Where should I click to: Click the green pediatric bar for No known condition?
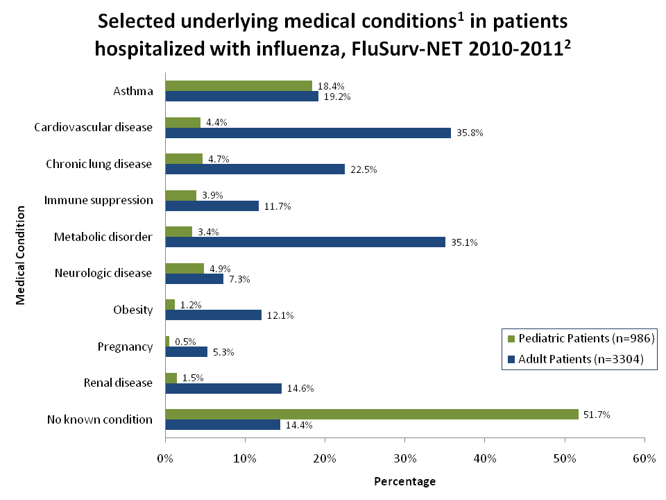click(371, 414)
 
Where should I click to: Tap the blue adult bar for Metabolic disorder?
click(305, 242)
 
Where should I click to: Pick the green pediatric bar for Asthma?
click(239, 85)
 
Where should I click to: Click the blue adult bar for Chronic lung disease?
click(255, 169)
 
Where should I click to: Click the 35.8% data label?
click(470, 133)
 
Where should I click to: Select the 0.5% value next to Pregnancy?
click(185, 341)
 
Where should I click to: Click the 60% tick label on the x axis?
click(644, 458)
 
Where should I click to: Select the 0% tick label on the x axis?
click(165, 458)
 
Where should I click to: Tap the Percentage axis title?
click(404, 481)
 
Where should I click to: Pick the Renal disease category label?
click(118, 383)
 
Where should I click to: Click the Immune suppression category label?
click(99, 200)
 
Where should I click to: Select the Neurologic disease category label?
click(103, 273)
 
